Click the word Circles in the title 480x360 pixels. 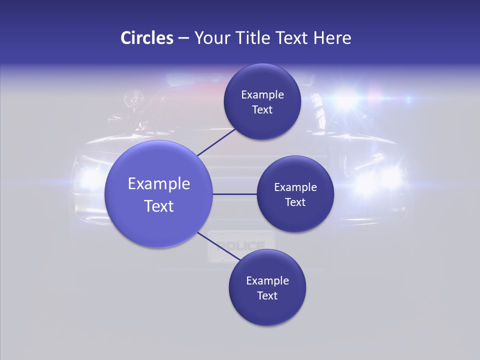point(147,38)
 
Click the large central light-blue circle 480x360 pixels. point(158,194)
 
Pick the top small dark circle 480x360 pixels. point(262,101)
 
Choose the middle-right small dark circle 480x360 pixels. point(295,194)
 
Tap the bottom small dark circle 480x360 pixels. point(267,287)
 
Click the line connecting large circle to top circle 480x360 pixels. point(216,142)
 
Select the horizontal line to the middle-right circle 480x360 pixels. point(235,194)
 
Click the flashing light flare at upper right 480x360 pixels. point(345,99)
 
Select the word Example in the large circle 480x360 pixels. point(158,183)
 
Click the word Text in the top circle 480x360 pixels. point(262,109)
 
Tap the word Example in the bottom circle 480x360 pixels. point(267,280)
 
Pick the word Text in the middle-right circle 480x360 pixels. point(295,202)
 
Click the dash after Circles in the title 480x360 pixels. point(183,38)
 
